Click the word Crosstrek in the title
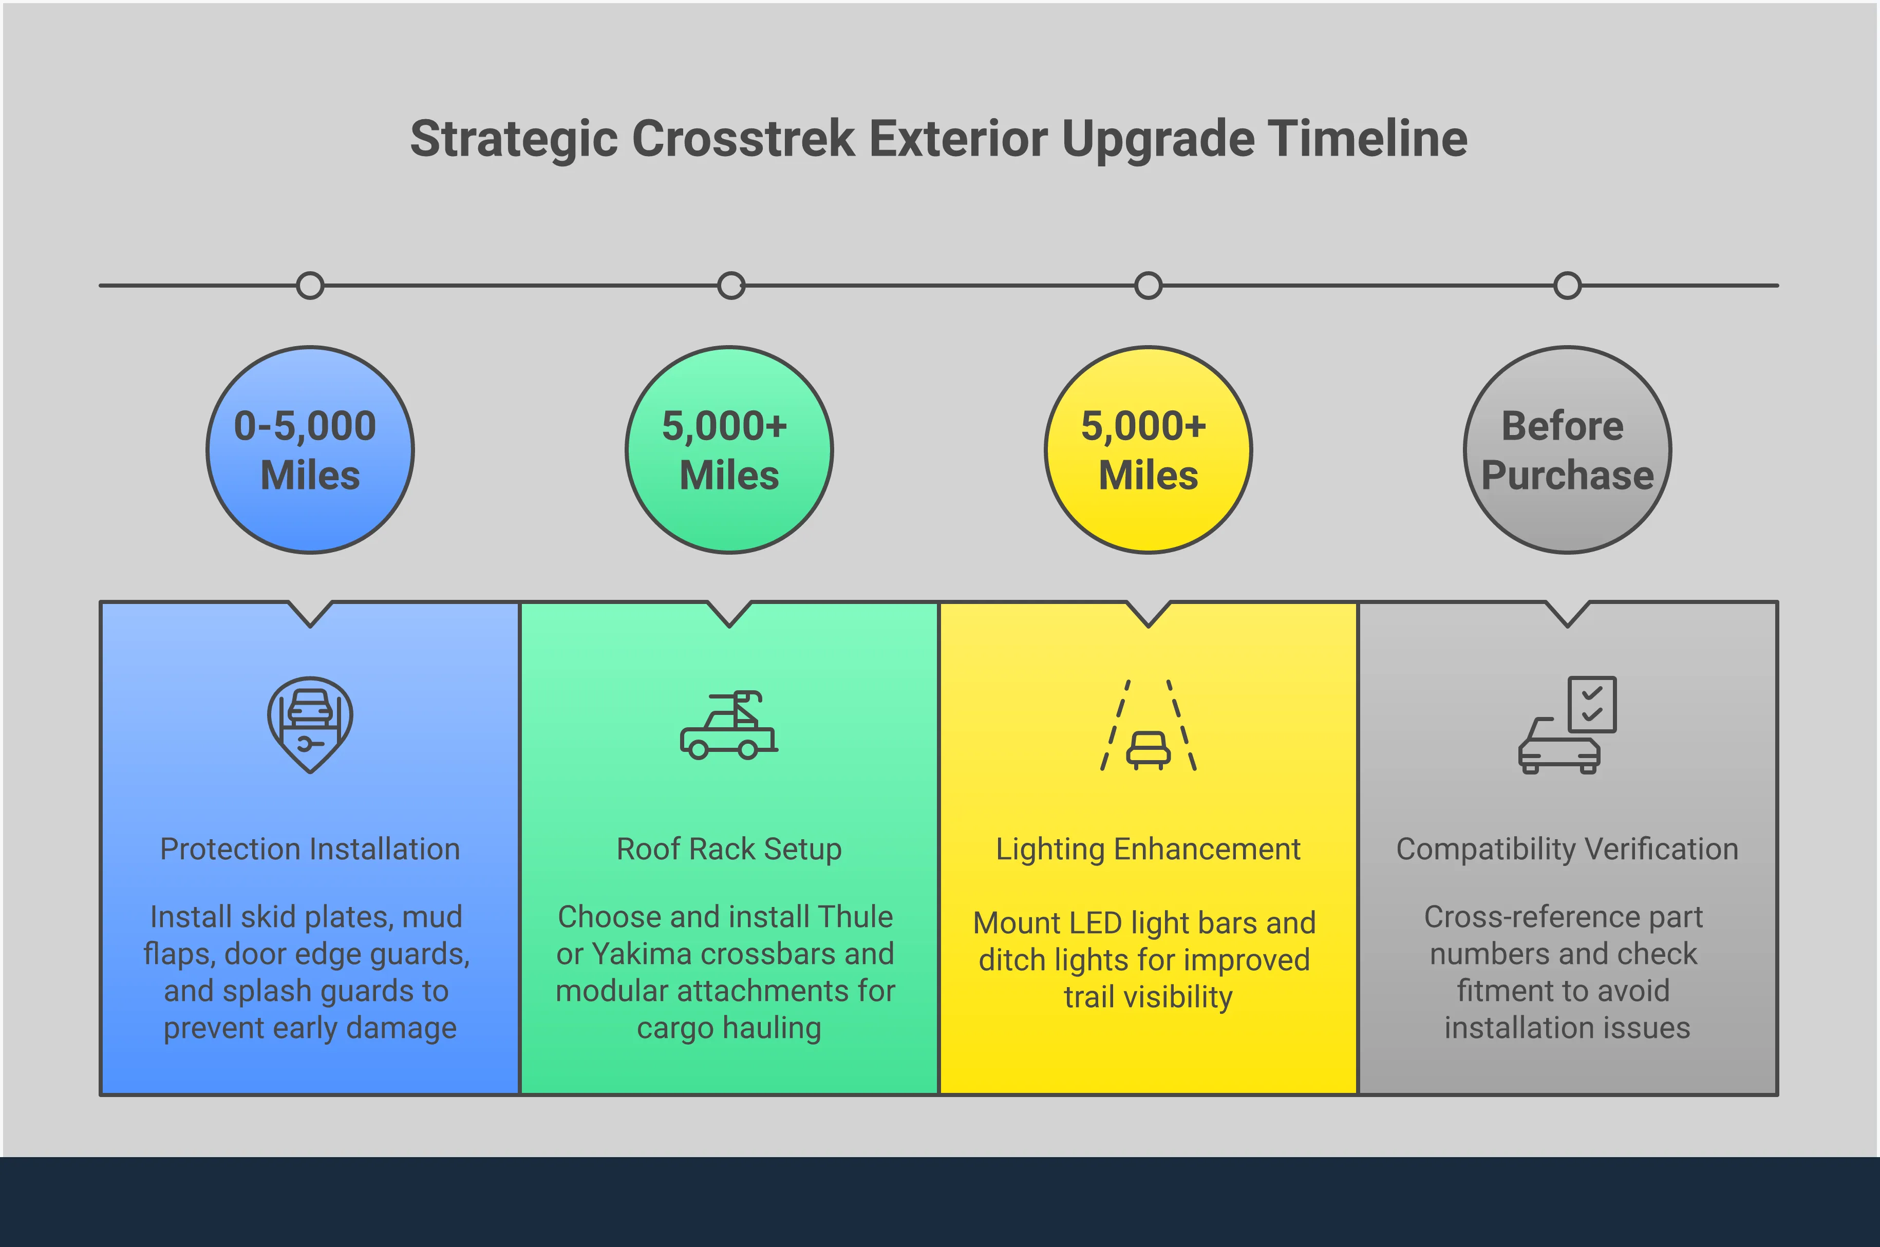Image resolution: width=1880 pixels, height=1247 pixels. click(x=744, y=138)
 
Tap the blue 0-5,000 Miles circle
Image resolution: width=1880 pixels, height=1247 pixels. click(x=310, y=450)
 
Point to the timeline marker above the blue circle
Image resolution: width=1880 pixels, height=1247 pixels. click(x=310, y=286)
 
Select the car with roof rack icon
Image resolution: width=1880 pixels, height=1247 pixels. click(x=728, y=725)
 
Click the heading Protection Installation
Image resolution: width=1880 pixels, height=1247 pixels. click(x=310, y=849)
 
